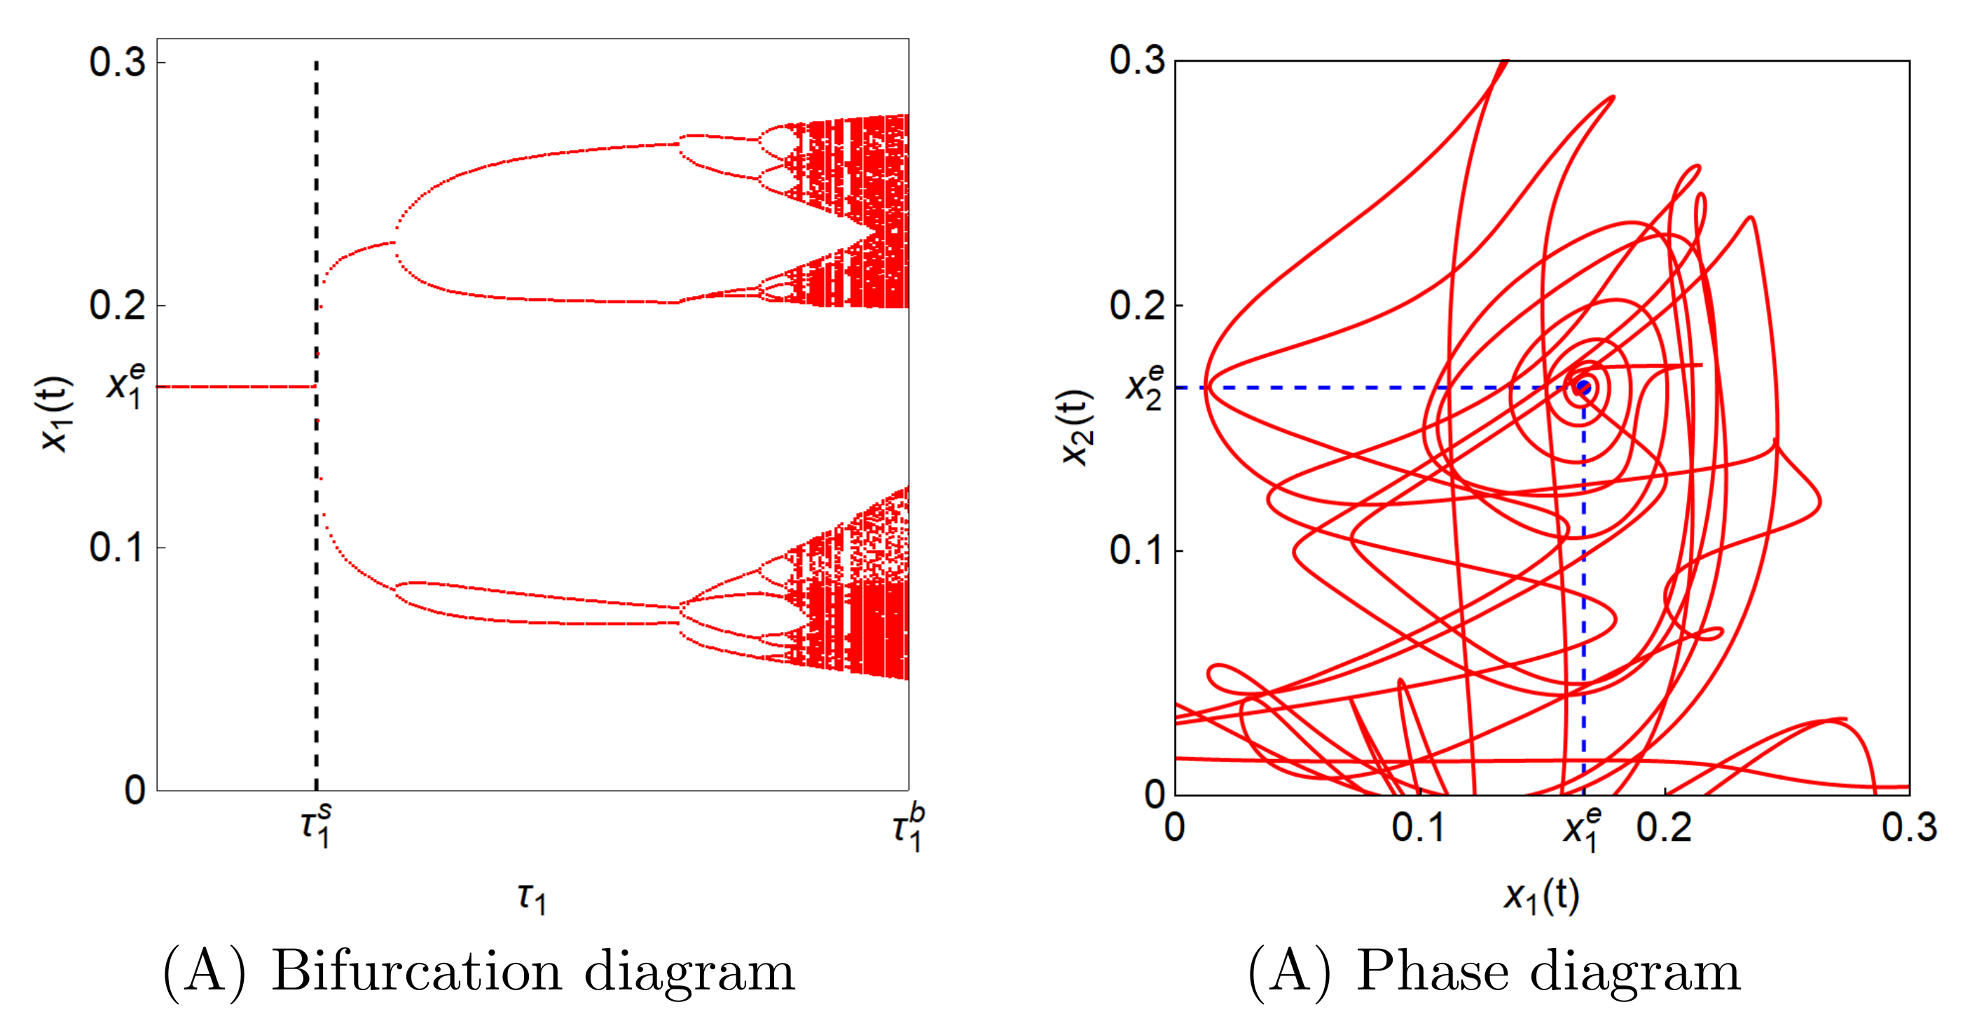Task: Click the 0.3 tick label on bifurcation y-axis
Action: coord(117,62)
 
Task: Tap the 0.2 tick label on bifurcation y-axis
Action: coord(117,305)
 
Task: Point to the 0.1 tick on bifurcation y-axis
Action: coord(117,548)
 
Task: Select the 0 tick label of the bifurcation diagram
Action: coord(135,790)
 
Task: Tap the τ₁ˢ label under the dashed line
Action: coord(317,826)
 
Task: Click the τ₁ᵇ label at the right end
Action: coord(908,828)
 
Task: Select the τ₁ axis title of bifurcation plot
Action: coord(532,897)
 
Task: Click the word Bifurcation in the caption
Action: coord(415,972)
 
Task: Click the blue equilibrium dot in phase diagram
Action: coord(1583,387)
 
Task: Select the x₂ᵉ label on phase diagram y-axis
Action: coord(1145,387)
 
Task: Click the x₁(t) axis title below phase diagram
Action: coord(1541,896)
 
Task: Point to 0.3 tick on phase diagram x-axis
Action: coord(1909,827)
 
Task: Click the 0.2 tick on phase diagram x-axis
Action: coord(1665,827)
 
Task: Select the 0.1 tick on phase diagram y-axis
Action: coord(1137,550)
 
